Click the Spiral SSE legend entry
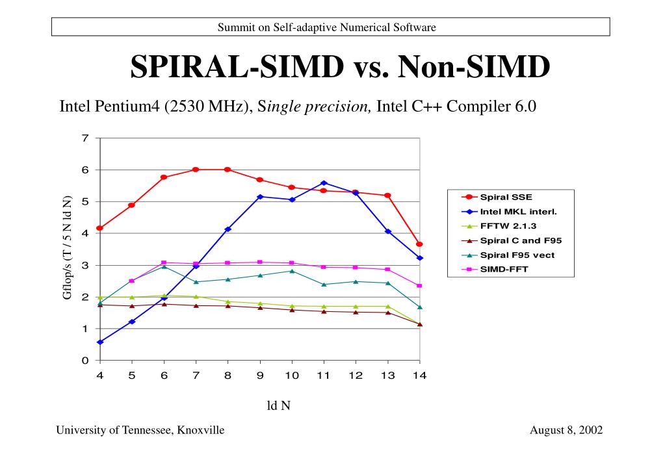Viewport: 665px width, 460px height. click(x=506, y=197)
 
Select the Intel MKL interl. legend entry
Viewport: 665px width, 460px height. click(x=518, y=211)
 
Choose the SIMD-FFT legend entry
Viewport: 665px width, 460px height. click(x=504, y=270)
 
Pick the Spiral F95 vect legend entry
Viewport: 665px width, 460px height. click(x=517, y=255)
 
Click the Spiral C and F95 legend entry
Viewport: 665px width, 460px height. click(x=520, y=240)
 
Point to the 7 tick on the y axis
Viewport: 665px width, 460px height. click(x=85, y=138)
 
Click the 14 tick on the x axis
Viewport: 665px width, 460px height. click(x=419, y=376)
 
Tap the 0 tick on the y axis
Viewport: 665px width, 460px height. click(x=85, y=361)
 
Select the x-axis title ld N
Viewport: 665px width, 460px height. click(x=279, y=405)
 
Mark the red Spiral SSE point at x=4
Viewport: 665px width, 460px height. click(x=99, y=228)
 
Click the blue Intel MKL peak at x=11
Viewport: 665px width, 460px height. click(x=324, y=183)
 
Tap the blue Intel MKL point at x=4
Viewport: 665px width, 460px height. click(x=99, y=342)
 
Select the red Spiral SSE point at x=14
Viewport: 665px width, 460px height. click(x=419, y=244)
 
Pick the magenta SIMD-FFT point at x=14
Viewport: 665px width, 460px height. click(x=419, y=286)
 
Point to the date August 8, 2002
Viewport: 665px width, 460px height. click(x=566, y=430)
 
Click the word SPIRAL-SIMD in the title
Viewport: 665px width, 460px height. click(x=237, y=67)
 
